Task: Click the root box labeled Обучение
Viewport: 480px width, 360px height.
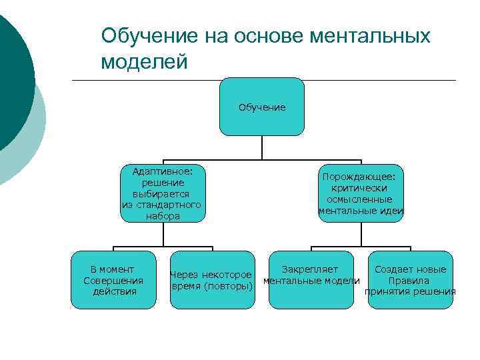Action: pyautogui.click(x=262, y=107)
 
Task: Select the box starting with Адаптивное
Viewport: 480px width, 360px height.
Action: pyautogui.click(x=162, y=193)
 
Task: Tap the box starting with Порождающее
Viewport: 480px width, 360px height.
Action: pyautogui.click(x=361, y=193)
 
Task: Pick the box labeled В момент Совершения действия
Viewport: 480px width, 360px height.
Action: pyautogui.click(x=113, y=280)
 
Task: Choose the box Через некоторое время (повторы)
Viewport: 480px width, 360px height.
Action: pyautogui.click(x=212, y=280)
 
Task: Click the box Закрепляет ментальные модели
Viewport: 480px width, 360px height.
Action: pyautogui.click(x=311, y=280)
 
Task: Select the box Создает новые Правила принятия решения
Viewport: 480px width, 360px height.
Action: pyautogui.click(x=410, y=280)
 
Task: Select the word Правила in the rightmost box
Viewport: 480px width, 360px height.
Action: pyautogui.click(x=410, y=281)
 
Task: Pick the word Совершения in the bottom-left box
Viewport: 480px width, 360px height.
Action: pyautogui.click(x=113, y=280)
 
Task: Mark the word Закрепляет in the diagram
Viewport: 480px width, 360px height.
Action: pyautogui.click(x=310, y=269)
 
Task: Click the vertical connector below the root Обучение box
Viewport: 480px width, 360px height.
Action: pyautogui.click(x=262, y=147)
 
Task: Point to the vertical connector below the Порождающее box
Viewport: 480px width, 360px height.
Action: pyautogui.click(x=361, y=234)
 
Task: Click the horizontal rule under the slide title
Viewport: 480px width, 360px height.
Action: pyautogui.click(x=267, y=81)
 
